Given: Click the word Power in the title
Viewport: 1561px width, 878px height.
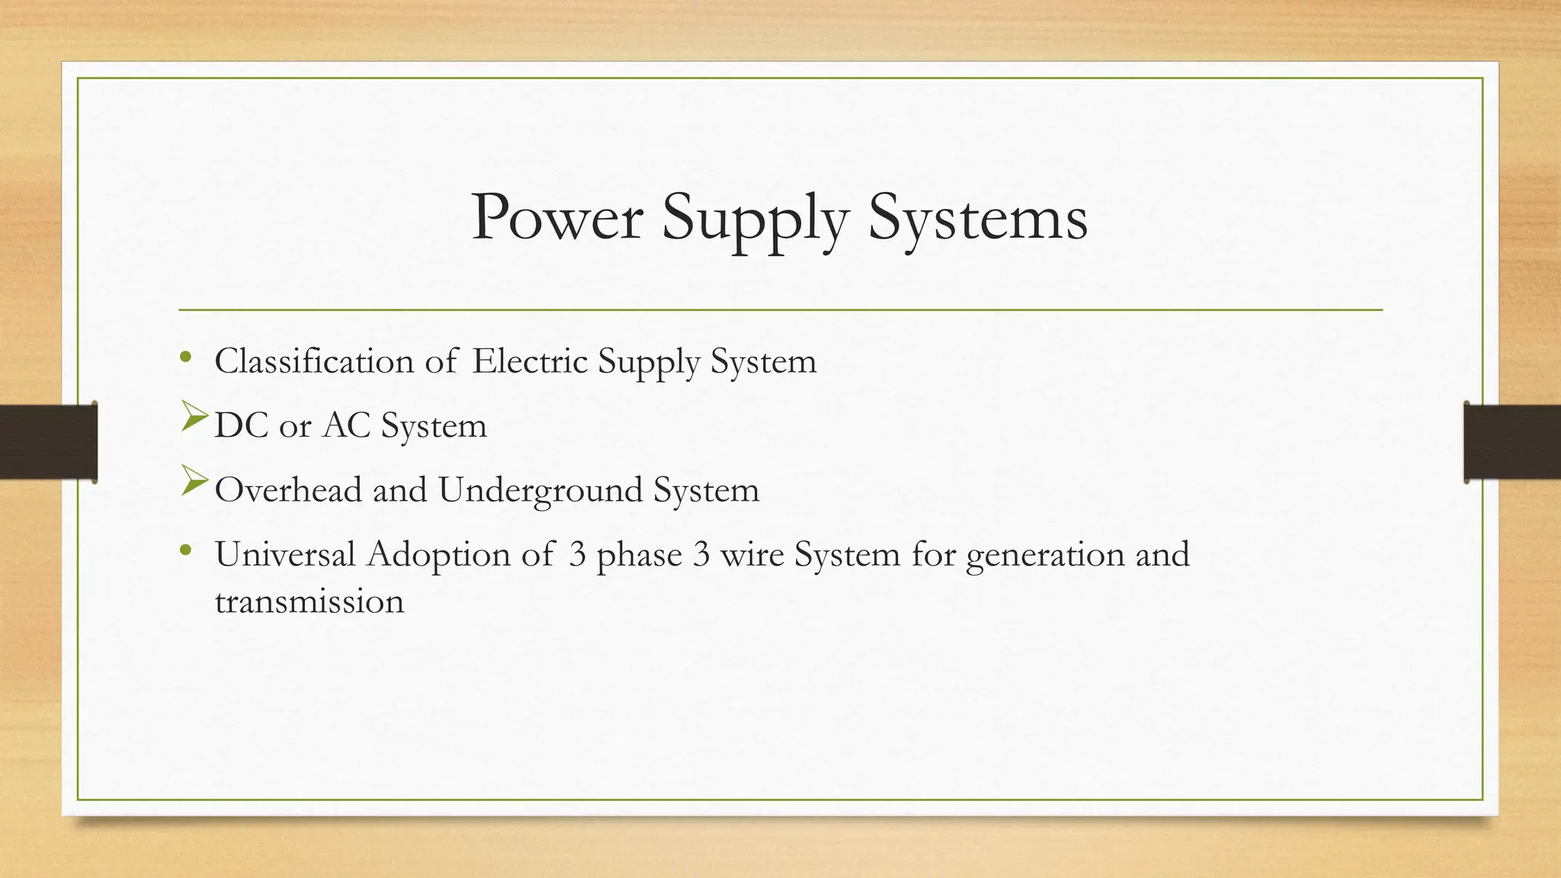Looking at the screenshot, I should pyautogui.click(x=557, y=218).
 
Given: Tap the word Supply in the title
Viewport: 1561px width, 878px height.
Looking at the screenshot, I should pyautogui.click(x=755, y=221).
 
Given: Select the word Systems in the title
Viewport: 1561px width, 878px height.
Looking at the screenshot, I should pyautogui.click(x=978, y=219).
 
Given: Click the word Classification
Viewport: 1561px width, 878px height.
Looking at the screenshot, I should pyautogui.click(x=313, y=361).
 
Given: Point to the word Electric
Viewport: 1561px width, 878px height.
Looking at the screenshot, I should pyautogui.click(x=530, y=361).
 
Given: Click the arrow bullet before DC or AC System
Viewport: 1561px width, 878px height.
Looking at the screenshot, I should pyautogui.click(x=194, y=418).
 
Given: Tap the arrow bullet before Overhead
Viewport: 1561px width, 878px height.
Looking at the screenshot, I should pyautogui.click(x=194, y=482).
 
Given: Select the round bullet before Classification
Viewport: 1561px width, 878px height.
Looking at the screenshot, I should pyautogui.click(x=185, y=357).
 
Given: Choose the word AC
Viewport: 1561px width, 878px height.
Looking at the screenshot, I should pyautogui.click(x=346, y=425).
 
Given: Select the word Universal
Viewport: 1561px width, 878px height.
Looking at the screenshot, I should pyautogui.click(x=285, y=554).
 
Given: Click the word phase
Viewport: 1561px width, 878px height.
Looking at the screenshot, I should pyautogui.click(x=639, y=555).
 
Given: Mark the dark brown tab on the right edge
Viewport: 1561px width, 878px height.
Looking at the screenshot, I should pyautogui.click(x=1512, y=442).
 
